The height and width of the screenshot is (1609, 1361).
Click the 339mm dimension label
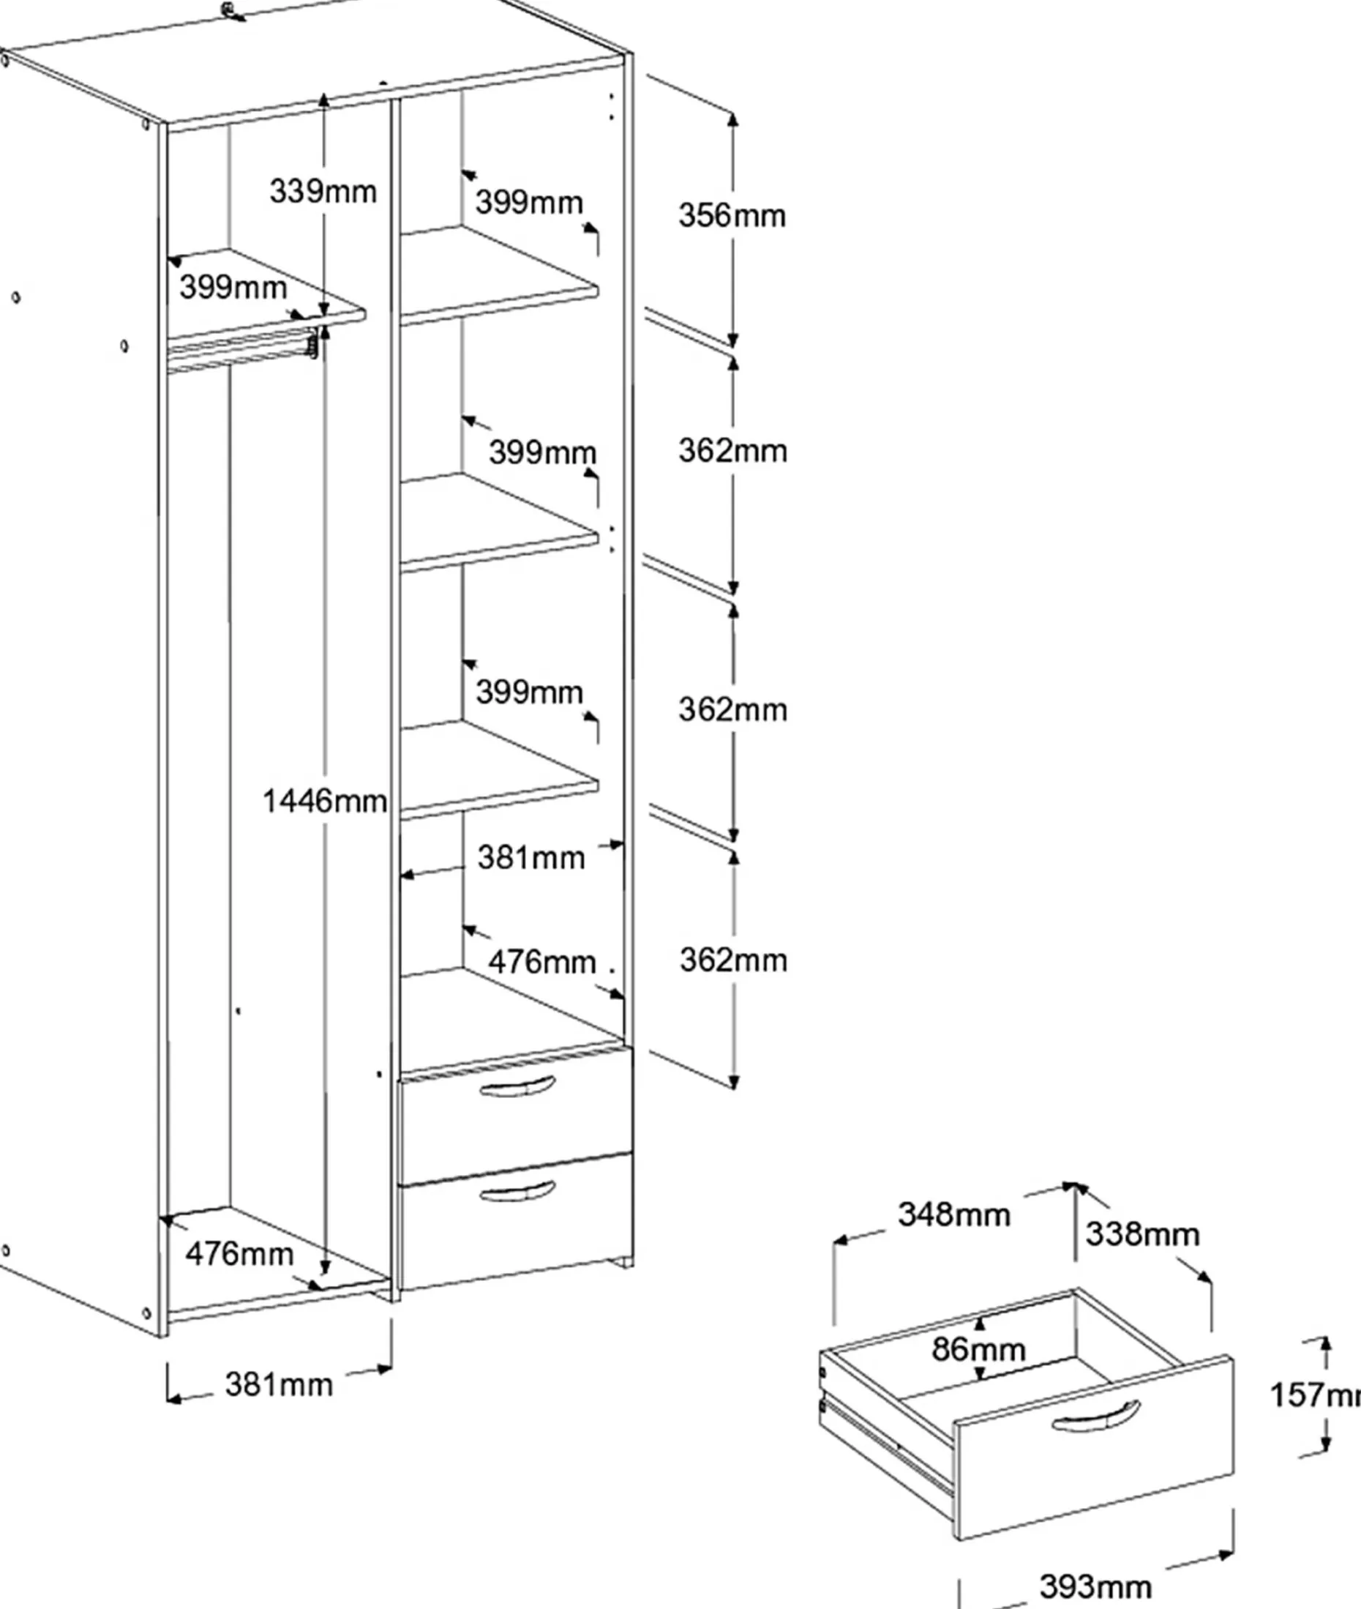(323, 190)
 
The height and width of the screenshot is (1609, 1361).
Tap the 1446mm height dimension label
(325, 801)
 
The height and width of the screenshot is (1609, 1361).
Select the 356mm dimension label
(732, 215)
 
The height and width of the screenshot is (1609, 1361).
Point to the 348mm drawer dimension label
(953, 1214)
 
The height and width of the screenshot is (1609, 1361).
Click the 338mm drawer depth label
(1143, 1234)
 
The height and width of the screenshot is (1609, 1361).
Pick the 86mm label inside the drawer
(978, 1349)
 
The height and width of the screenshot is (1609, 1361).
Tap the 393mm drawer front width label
(1095, 1586)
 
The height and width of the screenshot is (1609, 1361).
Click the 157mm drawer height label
(1316, 1395)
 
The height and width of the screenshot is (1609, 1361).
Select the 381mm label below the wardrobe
(279, 1384)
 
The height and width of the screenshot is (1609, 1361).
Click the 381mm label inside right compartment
(530, 857)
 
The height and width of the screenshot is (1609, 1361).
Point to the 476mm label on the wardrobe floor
(239, 1254)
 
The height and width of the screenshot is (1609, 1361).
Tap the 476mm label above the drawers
(542, 962)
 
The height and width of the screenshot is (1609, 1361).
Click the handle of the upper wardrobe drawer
(517, 1086)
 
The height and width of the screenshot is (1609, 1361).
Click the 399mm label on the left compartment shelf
(233, 287)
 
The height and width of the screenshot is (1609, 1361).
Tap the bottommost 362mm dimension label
(733, 960)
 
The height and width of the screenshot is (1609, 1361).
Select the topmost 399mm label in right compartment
(528, 202)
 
